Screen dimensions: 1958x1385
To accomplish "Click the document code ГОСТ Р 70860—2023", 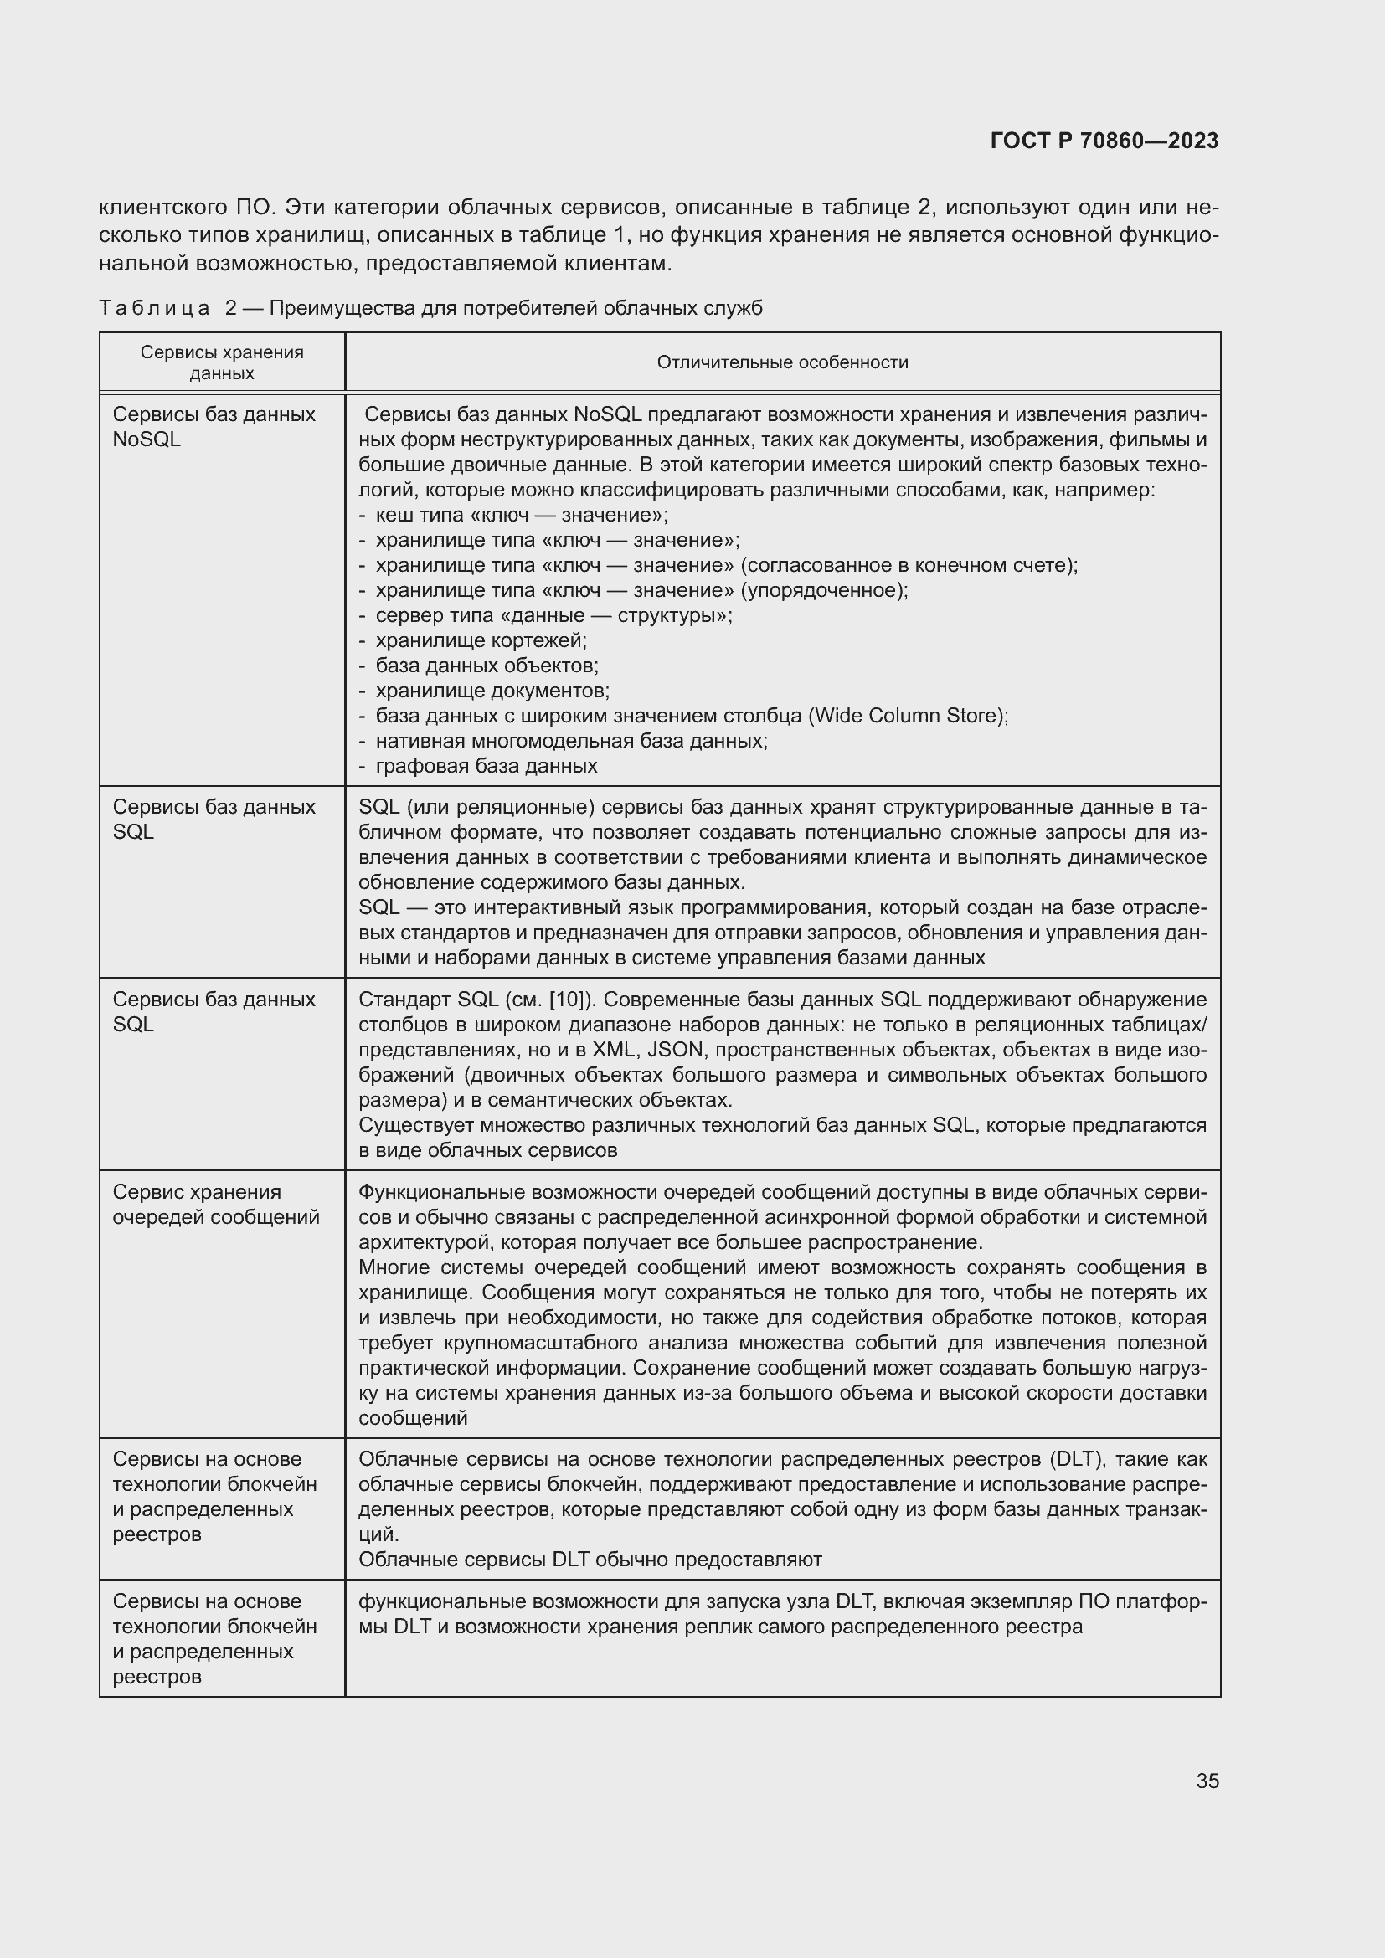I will pyautogui.click(x=1104, y=141).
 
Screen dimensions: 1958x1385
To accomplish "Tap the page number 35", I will pyautogui.click(x=1207, y=1781).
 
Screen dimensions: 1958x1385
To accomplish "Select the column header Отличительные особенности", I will pyautogui.click(x=782, y=362).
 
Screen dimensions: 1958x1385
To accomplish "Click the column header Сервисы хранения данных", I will pyautogui.click(x=222, y=362).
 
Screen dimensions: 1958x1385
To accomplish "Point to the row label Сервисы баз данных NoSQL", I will pyautogui.click(x=214, y=426).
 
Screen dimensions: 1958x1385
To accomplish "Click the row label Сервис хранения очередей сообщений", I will pyautogui.click(x=216, y=1204).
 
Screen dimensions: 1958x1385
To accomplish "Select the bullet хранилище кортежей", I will pyautogui.click(x=481, y=640).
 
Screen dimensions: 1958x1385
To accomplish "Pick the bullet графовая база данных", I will pyautogui.click(x=487, y=766).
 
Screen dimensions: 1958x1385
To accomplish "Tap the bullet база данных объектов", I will pyautogui.click(x=487, y=666).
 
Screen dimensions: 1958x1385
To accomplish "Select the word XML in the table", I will pyautogui.click(x=614, y=1050).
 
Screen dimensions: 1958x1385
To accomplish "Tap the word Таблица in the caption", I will pyautogui.click(x=154, y=308).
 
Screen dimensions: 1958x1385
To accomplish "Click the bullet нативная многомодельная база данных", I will pyautogui.click(x=571, y=740).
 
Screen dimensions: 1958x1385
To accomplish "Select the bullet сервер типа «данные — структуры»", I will pyautogui.click(x=553, y=616).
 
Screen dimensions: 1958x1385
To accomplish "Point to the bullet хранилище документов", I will pyautogui.click(x=492, y=690).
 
